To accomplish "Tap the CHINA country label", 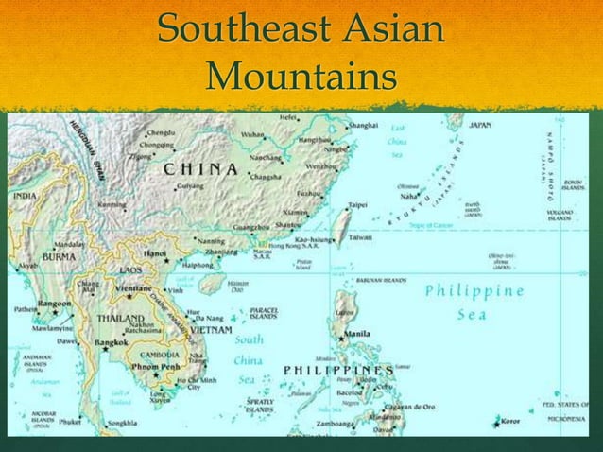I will click(x=200, y=169).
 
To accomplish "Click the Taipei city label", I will click(x=358, y=203).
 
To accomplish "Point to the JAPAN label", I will click(x=479, y=125).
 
